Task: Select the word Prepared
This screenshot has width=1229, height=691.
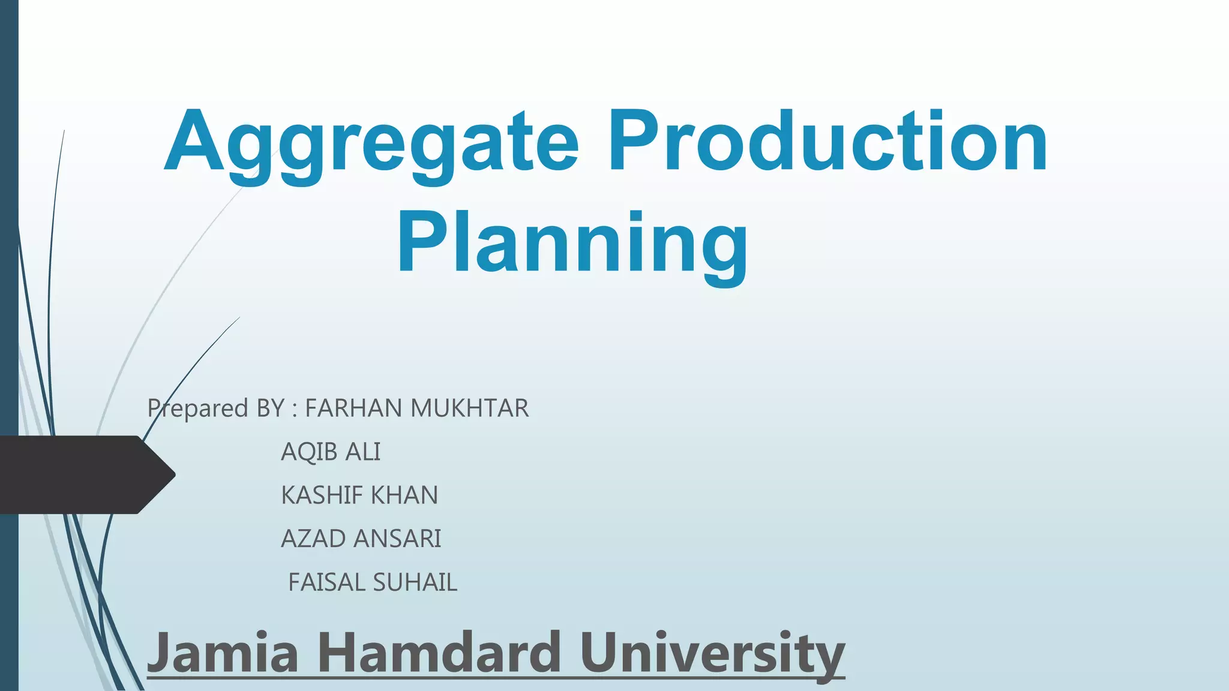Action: point(198,409)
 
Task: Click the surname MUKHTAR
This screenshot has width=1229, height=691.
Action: point(470,408)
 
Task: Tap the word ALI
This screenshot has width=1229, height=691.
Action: point(362,452)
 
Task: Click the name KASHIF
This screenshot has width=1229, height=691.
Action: point(322,495)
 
